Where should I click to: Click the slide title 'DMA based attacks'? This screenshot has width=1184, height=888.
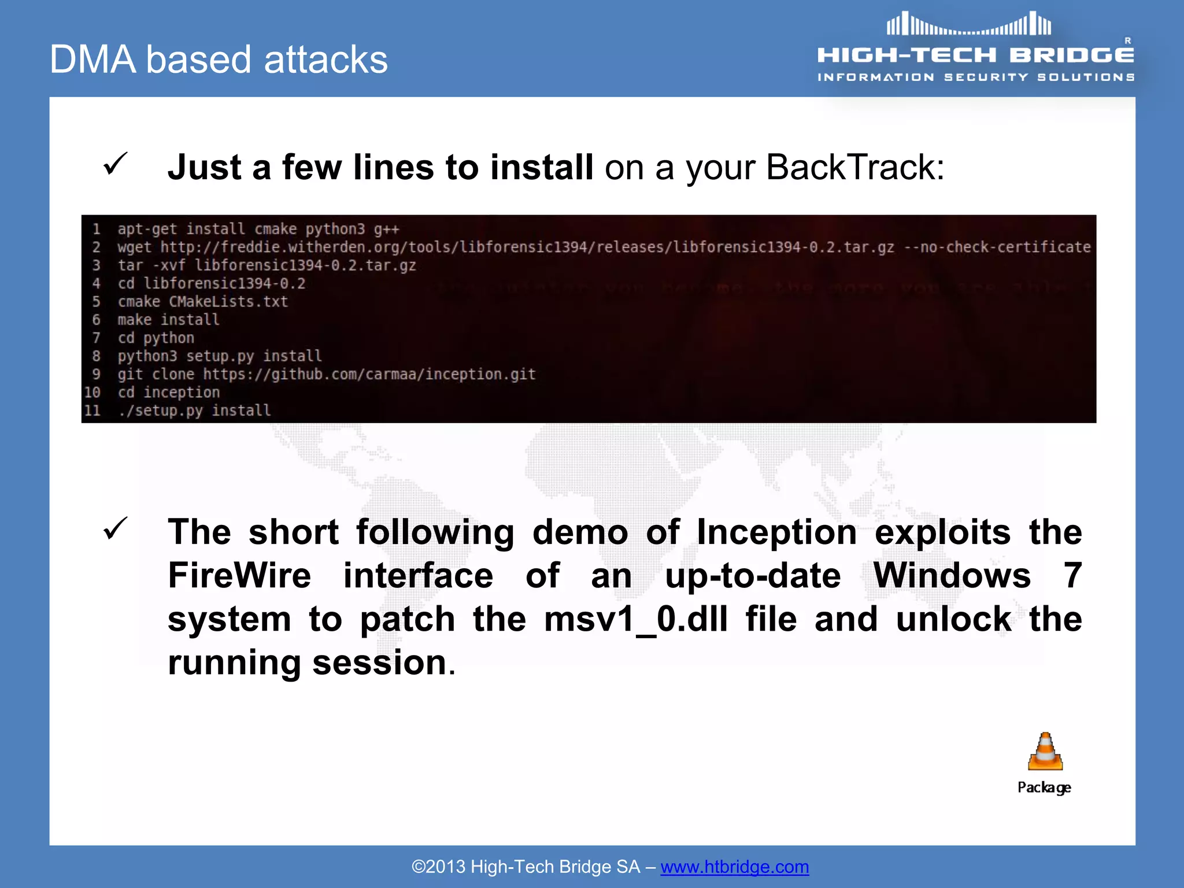219,60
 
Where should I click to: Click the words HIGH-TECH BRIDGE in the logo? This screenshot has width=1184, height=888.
975,55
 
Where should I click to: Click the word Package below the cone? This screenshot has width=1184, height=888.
1044,787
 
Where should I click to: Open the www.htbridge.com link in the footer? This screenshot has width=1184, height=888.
734,867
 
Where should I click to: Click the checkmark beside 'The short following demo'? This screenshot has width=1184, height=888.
115,528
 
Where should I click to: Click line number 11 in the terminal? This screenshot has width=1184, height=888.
92,410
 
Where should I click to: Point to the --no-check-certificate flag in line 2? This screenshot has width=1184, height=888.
997,247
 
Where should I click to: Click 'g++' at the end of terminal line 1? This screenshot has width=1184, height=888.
386,230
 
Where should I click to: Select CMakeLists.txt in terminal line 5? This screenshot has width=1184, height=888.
228,302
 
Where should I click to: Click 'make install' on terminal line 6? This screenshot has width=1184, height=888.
168,320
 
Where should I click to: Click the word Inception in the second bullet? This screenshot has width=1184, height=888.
776,532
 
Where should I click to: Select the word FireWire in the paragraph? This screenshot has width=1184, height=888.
239,576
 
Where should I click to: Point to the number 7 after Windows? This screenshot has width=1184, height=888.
1072,576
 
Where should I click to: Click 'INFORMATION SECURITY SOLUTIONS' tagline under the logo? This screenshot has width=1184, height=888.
975,77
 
